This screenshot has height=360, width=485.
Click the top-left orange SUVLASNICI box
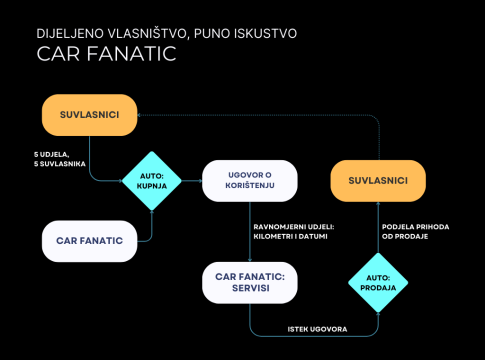pos(89,115)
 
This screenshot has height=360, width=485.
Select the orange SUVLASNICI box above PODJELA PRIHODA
pos(378,181)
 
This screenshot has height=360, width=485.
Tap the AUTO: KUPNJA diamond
pos(152,181)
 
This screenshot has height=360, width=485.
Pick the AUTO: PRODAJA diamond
pos(378,283)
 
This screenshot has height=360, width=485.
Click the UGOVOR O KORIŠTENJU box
pos(250,181)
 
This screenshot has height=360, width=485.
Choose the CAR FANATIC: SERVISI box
pos(250,283)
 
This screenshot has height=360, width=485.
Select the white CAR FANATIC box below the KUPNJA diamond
pos(89,241)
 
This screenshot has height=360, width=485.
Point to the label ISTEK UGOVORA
pos(317,329)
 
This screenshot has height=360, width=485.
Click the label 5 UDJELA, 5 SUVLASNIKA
pos(60,159)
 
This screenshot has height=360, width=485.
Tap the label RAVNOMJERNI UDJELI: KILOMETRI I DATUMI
pos(294,232)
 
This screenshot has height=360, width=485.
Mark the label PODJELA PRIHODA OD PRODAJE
pos(415,232)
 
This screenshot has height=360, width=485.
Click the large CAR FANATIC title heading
pos(106,54)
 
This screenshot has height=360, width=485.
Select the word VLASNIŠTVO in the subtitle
pos(148,33)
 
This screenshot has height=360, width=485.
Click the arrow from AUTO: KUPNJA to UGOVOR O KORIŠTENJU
pos(192,181)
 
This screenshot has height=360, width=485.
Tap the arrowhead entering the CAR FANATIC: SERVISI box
pos(250,260)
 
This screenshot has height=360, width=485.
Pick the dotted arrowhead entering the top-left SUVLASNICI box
pos(139,115)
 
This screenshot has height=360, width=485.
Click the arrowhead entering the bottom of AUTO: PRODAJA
pos(378,315)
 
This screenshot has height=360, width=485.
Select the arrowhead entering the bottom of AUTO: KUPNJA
pos(152,213)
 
